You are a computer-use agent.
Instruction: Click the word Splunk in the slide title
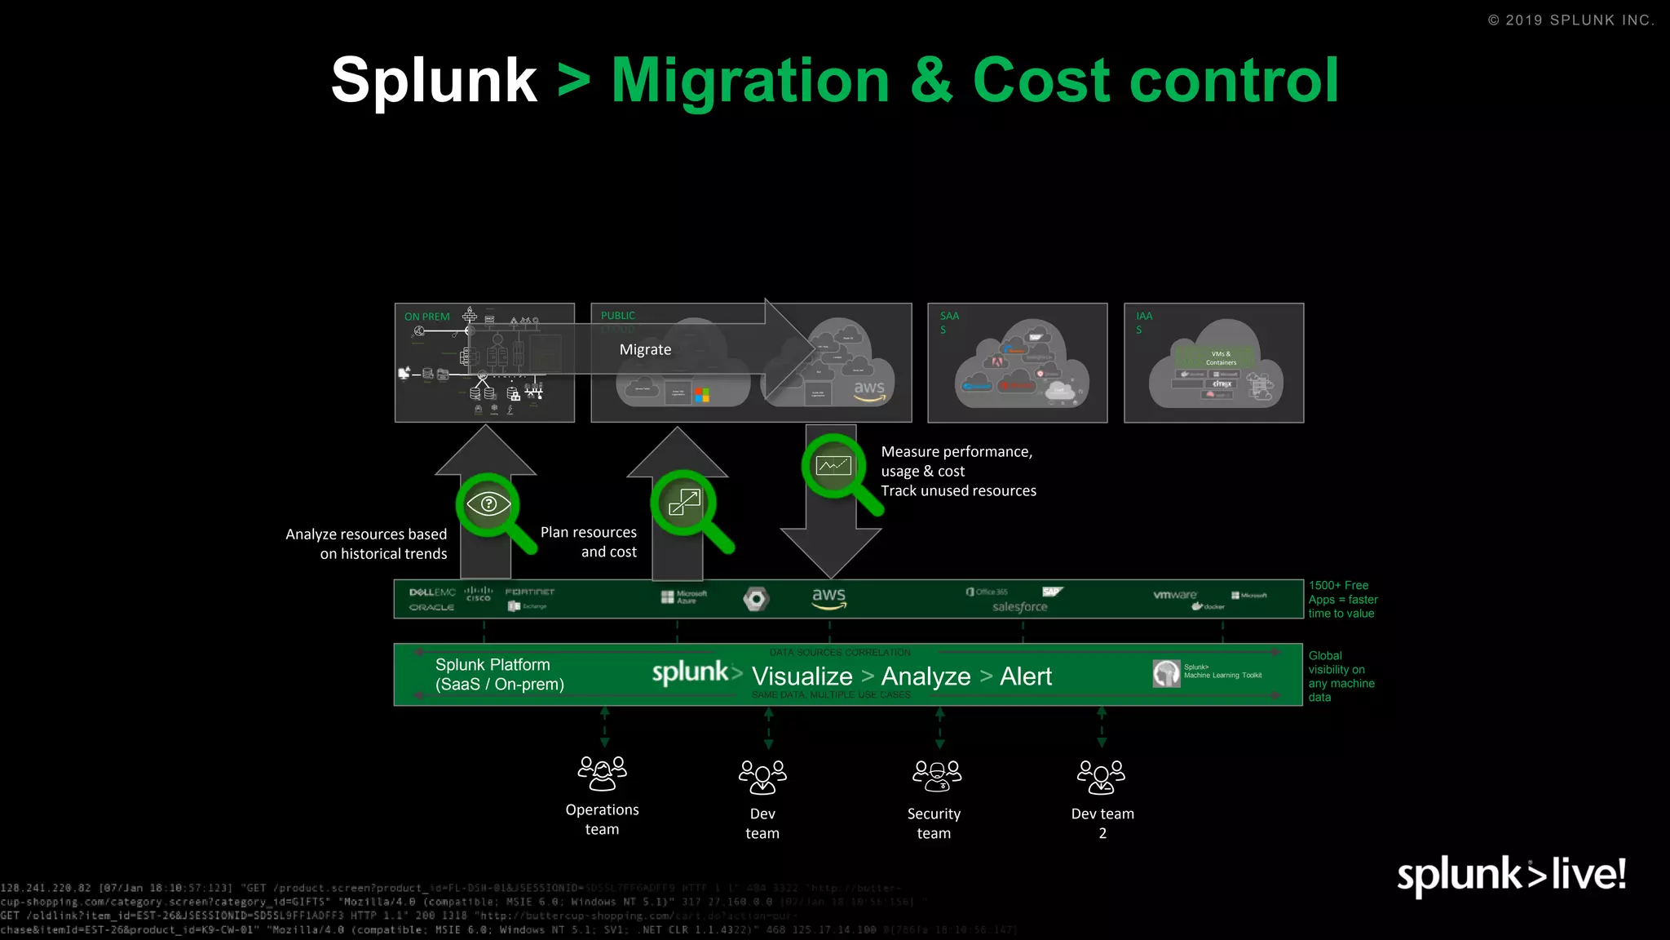click(x=433, y=81)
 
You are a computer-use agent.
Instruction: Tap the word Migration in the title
click(x=750, y=81)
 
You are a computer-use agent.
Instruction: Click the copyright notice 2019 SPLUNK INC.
click(x=1571, y=20)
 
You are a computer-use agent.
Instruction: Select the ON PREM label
click(x=426, y=317)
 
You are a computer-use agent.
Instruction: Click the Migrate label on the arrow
click(x=645, y=349)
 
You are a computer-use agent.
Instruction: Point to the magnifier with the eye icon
click(x=489, y=505)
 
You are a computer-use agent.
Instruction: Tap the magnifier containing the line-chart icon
click(x=833, y=467)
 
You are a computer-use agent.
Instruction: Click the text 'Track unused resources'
click(x=958, y=490)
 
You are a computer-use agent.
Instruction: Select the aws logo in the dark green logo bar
click(x=829, y=597)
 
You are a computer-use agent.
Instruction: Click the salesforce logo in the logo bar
click(x=1019, y=606)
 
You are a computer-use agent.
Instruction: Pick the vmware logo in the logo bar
click(x=1175, y=595)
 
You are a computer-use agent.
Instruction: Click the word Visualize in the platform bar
click(x=802, y=676)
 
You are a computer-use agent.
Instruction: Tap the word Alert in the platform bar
click(x=1026, y=676)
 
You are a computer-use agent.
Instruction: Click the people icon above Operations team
click(x=602, y=773)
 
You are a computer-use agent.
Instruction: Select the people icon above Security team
click(x=936, y=775)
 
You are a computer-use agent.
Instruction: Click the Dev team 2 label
click(x=1102, y=822)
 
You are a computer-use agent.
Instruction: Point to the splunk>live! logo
click(x=1511, y=875)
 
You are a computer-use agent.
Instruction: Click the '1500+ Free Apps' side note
click(x=1342, y=599)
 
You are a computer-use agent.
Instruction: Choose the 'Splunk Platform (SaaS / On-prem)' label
click(x=499, y=675)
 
